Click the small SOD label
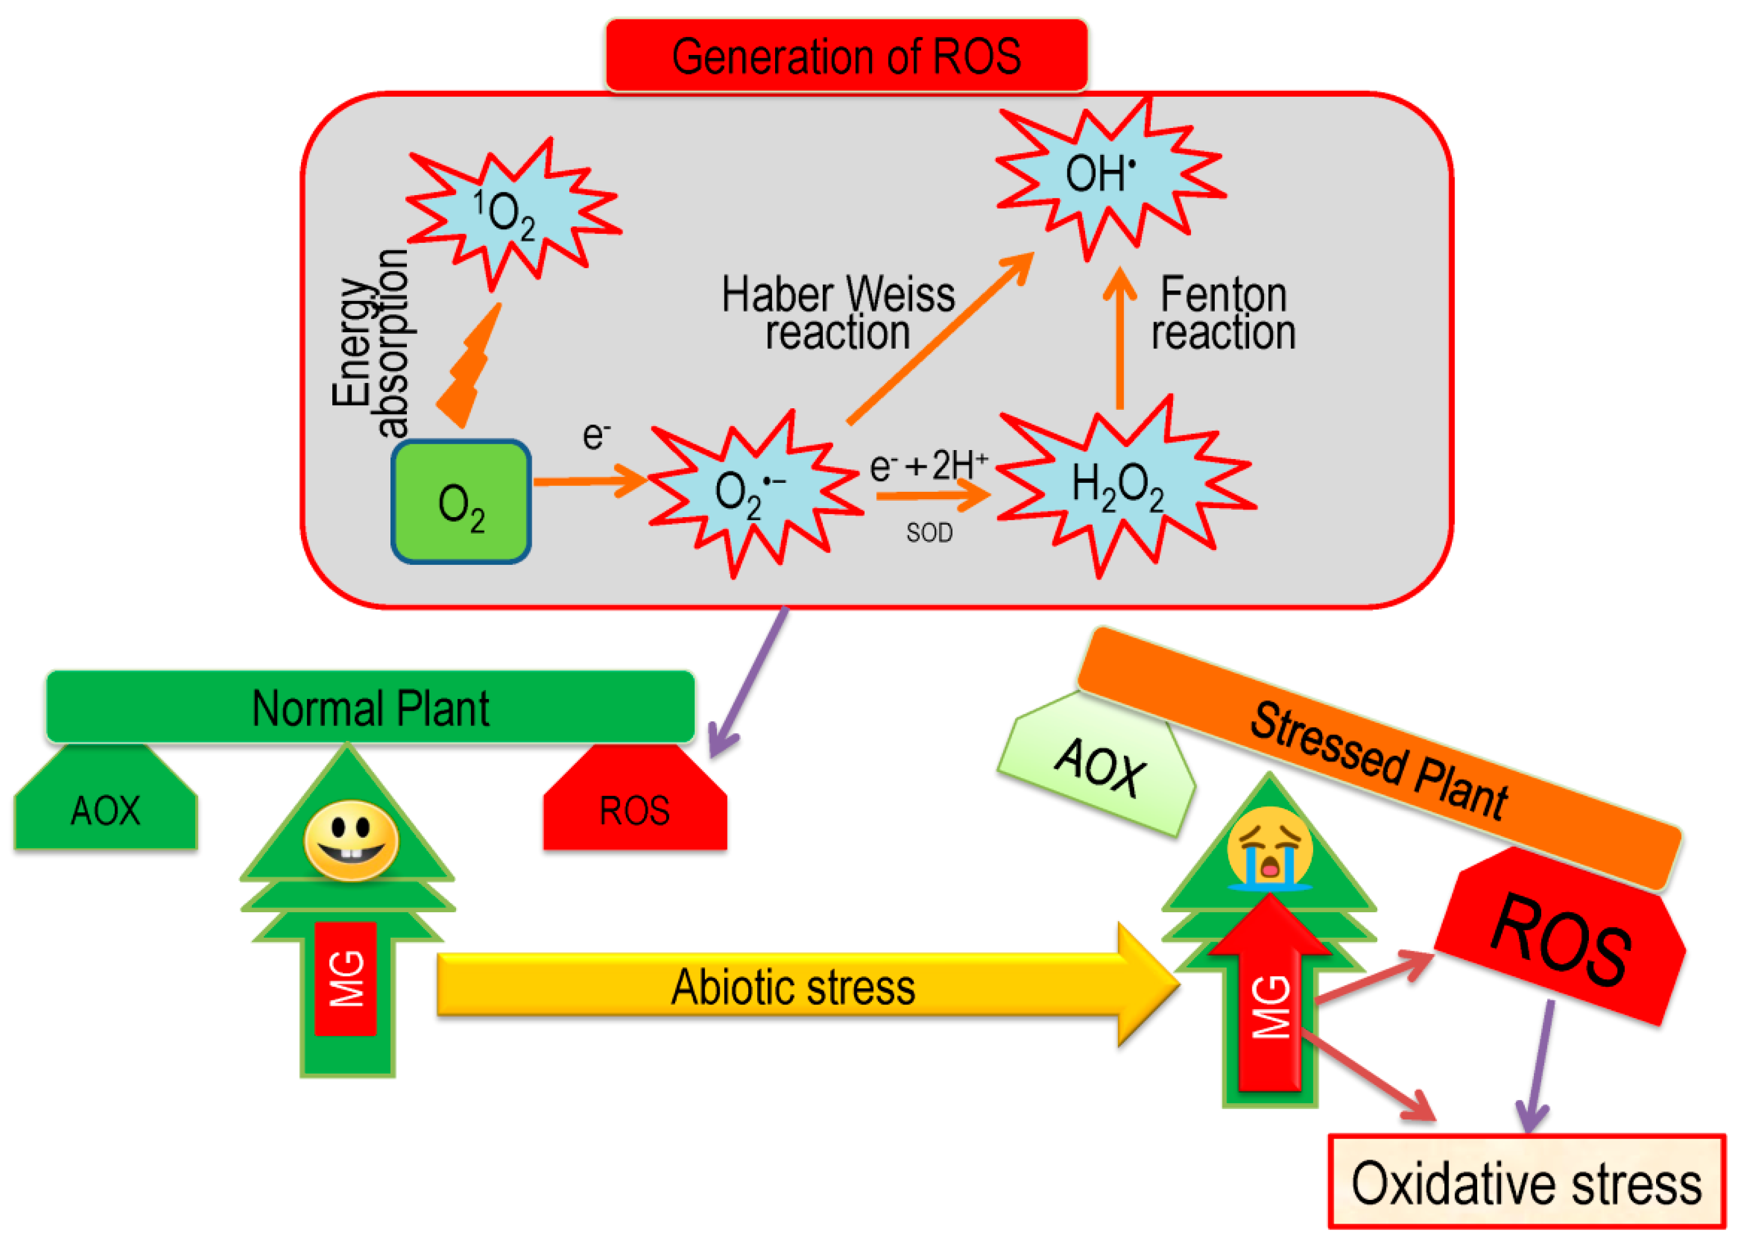point(929,533)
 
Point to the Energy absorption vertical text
point(371,344)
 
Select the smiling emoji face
point(351,840)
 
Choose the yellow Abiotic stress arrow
point(793,985)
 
